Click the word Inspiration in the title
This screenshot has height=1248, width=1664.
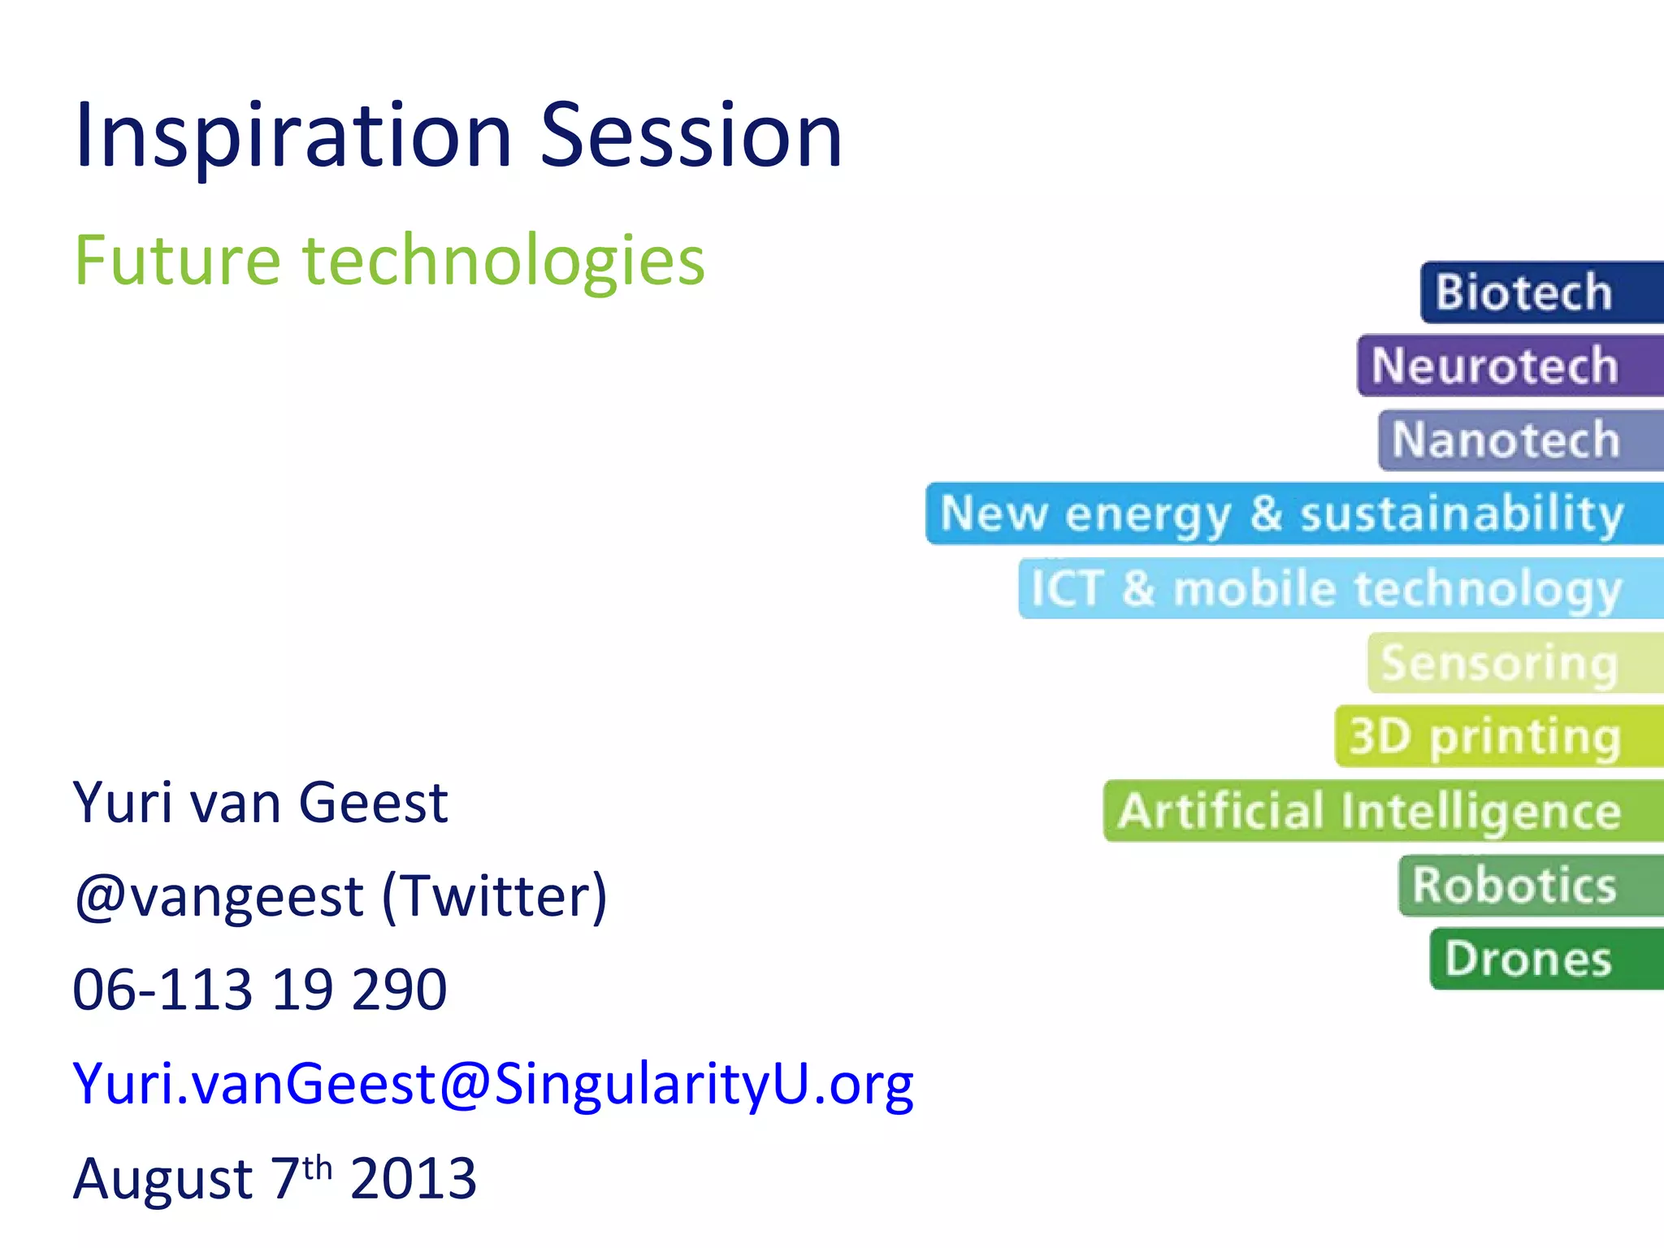[292, 136]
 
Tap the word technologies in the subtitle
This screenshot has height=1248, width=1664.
[504, 262]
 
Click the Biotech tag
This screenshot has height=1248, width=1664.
[1536, 292]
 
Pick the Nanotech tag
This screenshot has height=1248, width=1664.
[1515, 440]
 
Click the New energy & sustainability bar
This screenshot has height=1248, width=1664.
[1292, 513]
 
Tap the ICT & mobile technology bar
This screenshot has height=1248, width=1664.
[1337, 588]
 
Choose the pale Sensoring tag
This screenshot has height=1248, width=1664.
[1511, 663]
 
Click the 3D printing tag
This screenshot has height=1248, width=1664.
[1495, 736]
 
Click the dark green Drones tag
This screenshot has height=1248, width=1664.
[1540, 959]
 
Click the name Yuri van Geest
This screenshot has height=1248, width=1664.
[260, 803]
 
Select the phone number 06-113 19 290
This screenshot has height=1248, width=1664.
[260, 990]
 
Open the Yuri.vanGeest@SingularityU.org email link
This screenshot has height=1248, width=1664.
[493, 1085]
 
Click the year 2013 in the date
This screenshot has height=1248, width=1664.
[413, 1178]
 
